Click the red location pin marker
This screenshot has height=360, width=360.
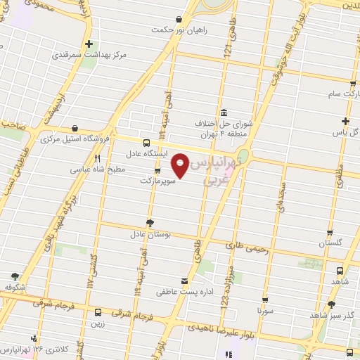[x=181, y=165]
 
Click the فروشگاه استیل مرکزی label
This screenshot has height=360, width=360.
[x=70, y=140]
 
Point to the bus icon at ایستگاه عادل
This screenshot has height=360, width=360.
[x=146, y=141]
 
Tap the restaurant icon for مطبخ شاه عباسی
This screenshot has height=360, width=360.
[x=98, y=158]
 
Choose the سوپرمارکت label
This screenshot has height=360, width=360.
[x=156, y=181]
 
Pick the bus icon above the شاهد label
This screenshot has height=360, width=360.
[x=340, y=271]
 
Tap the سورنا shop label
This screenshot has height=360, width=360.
[x=264, y=309]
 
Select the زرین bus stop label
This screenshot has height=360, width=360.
[x=97, y=325]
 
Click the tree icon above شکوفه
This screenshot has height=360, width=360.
[x=15, y=276]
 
